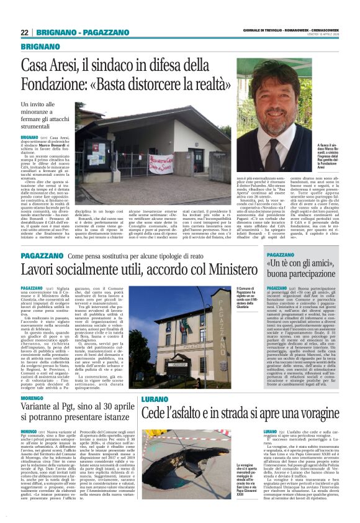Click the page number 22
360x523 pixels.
pyautogui.click(x=24, y=32)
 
